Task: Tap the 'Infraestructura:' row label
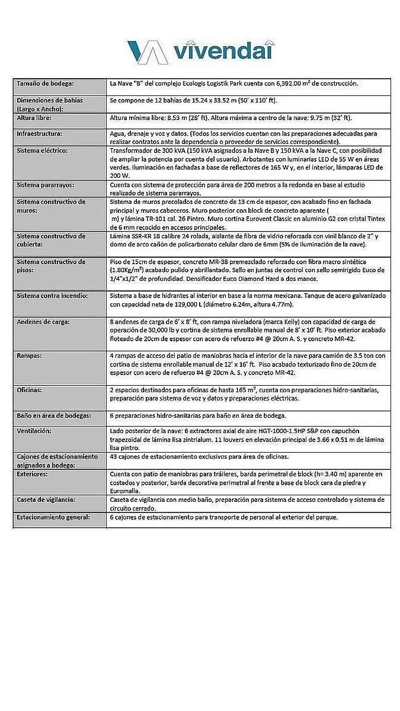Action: [x=39, y=134]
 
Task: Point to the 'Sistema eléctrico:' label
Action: [x=42, y=150]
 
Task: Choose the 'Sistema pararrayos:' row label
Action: [x=46, y=185]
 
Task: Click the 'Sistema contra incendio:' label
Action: [x=52, y=296]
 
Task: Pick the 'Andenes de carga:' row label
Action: [x=43, y=322]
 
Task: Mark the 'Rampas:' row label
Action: [x=28, y=355]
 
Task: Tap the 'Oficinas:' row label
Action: [x=31, y=390]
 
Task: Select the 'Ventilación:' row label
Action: [x=34, y=431]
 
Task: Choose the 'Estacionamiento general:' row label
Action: [x=53, y=517]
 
